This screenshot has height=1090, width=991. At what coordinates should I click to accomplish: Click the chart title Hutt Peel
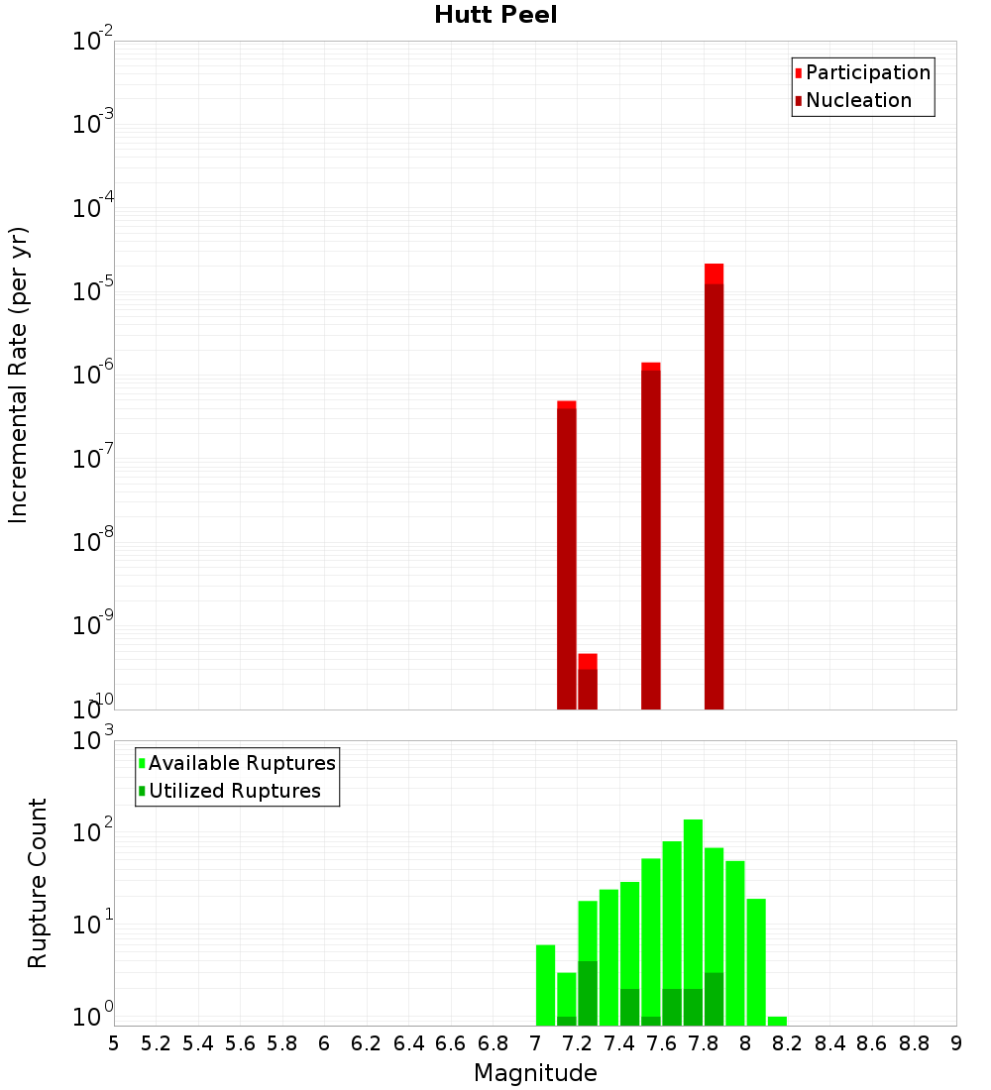495,15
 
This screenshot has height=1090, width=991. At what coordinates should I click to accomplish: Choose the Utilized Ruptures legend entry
234,791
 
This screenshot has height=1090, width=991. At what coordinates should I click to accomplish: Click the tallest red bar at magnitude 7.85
714,486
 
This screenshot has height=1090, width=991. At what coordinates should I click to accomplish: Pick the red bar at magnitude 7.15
567,555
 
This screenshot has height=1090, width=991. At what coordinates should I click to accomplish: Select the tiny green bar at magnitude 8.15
777,1021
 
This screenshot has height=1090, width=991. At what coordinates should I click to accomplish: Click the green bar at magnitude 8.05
756,961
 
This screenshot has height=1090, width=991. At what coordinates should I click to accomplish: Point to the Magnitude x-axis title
535,1073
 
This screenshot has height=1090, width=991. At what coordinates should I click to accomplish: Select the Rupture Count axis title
38,883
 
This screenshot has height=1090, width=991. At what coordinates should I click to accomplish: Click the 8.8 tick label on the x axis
914,1043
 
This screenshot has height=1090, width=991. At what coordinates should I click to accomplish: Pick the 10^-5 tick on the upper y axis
91,293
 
